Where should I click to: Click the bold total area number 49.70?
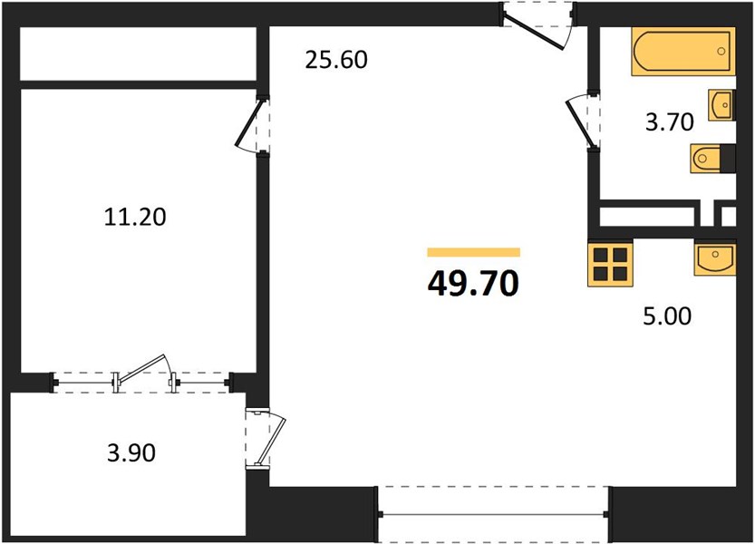click(x=473, y=283)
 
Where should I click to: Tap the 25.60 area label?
click(x=336, y=60)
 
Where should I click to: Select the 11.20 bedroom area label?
click(x=135, y=217)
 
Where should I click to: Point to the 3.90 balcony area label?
click(x=131, y=453)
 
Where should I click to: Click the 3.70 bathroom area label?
click(x=669, y=121)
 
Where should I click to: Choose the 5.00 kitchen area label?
click(x=667, y=316)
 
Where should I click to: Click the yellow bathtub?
click(x=683, y=52)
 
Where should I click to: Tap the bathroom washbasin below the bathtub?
click(x=721, y=105)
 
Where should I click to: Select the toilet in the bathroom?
click(x=712, y=158)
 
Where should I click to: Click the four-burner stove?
click(x=610, y=264)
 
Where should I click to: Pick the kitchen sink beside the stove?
click(x=714, y=258)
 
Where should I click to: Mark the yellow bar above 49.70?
click(x=474, y=252)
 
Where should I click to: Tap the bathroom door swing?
click(x=581, y=121)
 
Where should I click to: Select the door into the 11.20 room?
click(x=249, y=125)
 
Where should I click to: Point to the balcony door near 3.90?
click(x=266, y=438)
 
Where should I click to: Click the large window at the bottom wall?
click(x=493, y=515)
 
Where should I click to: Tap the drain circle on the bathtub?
click(x=721, y=52)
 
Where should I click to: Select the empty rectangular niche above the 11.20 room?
click(x=138, y=53)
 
